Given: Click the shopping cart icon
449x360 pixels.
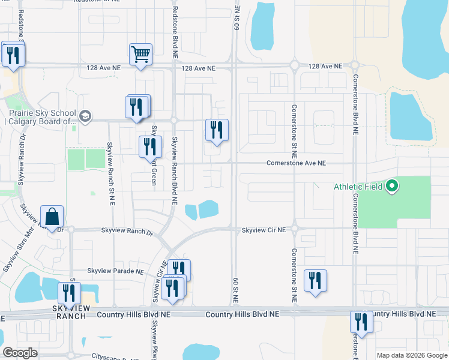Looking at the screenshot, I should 141,54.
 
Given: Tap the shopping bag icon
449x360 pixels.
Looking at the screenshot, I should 52,217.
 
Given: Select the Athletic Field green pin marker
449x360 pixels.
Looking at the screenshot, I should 392,186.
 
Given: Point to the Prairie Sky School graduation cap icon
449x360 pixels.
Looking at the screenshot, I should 85,116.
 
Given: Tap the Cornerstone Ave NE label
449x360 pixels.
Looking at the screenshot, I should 296,163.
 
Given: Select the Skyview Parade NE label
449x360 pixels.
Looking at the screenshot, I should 115,272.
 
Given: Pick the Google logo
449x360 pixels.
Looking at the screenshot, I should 20,353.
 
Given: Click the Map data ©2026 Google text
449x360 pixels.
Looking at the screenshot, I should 412,355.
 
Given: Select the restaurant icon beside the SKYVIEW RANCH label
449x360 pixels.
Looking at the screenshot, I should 69,293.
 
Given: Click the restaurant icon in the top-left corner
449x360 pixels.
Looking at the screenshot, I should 12,55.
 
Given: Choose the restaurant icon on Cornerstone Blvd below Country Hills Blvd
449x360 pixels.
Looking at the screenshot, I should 361,321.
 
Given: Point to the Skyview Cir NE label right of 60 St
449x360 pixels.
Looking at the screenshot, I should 264,230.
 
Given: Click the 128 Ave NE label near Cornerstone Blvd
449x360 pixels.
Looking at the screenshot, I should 325,66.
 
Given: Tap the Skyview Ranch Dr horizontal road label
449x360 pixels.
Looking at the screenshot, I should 127,230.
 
